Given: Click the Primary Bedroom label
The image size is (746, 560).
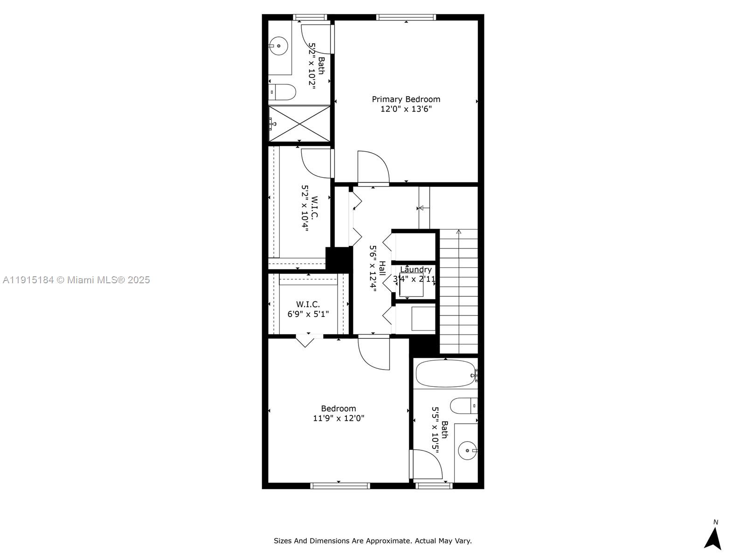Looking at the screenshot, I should pos(406,99).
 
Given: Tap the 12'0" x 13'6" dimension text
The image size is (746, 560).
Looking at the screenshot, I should pos(406,109).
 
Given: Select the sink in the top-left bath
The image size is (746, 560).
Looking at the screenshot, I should pos(278,46).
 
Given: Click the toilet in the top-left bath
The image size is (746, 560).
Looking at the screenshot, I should pos(283,92).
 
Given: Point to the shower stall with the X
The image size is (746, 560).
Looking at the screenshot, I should pos(299,123).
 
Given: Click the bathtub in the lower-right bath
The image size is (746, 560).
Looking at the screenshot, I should pos(445,373).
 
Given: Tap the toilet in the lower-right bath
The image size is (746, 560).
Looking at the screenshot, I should pos(464,406).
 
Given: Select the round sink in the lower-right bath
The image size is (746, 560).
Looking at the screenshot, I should pos(467,451).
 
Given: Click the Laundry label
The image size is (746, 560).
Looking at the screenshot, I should pos(415,270).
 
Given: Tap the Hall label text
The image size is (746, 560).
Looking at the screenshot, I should pos(382,268).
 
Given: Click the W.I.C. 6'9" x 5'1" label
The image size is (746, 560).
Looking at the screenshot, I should pos(308,309).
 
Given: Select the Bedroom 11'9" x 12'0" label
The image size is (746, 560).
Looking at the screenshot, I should pos(338,413).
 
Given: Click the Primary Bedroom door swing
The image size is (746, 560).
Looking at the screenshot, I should pos(373,168).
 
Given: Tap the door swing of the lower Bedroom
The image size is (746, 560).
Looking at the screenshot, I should pos(373,354).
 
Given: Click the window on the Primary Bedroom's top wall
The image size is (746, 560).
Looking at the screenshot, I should pos(406,17).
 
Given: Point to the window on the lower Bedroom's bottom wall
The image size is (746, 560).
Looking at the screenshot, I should pos(340,486).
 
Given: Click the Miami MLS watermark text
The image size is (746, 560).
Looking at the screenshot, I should pos(76,280).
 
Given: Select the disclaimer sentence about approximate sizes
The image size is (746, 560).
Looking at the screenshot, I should pos(373,541).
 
